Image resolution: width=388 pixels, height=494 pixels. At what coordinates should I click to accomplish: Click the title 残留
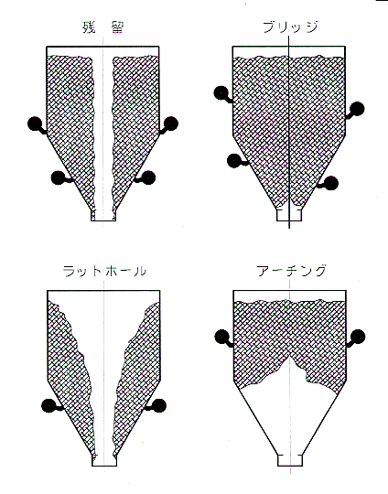[x=102, y=27]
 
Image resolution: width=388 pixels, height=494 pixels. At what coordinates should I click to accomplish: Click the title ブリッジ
[x=290, y=27]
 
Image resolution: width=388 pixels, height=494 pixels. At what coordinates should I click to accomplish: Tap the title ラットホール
[x=104, y=271]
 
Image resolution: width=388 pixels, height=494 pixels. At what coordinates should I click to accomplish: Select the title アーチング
[x=291, y=270]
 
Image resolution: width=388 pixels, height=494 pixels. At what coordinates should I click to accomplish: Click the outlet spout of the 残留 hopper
[x=103, y=216]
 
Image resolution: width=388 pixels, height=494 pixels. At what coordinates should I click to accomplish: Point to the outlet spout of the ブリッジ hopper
[x=289, y=215]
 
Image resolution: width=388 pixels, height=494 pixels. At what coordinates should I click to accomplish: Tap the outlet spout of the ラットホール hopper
[x=104, y=460]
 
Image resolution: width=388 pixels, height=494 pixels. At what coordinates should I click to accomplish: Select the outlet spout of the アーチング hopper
[x=290, y=460]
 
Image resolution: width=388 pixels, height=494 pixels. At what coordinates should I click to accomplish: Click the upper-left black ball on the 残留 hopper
[x=35, y=123]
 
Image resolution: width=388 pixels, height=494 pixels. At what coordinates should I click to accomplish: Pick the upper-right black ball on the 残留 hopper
[x=171, y=123]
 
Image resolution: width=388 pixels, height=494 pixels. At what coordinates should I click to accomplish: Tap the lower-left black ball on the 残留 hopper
[x=58, y=177]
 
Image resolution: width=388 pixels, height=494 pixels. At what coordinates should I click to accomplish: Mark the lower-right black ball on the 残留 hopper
[x=148, y=177]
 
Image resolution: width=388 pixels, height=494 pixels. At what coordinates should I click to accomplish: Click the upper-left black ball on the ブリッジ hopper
[x=221, y=92]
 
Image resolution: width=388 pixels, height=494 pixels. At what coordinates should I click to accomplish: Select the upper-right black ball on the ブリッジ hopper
[x=357, y=109]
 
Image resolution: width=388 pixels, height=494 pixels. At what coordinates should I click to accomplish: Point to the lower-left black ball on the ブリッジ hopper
[x=234, y=161]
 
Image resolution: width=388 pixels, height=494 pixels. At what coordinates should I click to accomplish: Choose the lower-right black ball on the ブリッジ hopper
[x=331, y=183]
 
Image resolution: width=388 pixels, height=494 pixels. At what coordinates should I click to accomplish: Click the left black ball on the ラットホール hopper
[x=48, y=405]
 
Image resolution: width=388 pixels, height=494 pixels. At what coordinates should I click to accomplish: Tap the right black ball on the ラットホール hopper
[x=158, y=405]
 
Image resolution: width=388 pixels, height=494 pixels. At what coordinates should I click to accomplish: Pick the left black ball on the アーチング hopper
[x=221, y=337]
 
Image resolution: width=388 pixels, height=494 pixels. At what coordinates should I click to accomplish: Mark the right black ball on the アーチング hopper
[x=358, y=337]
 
